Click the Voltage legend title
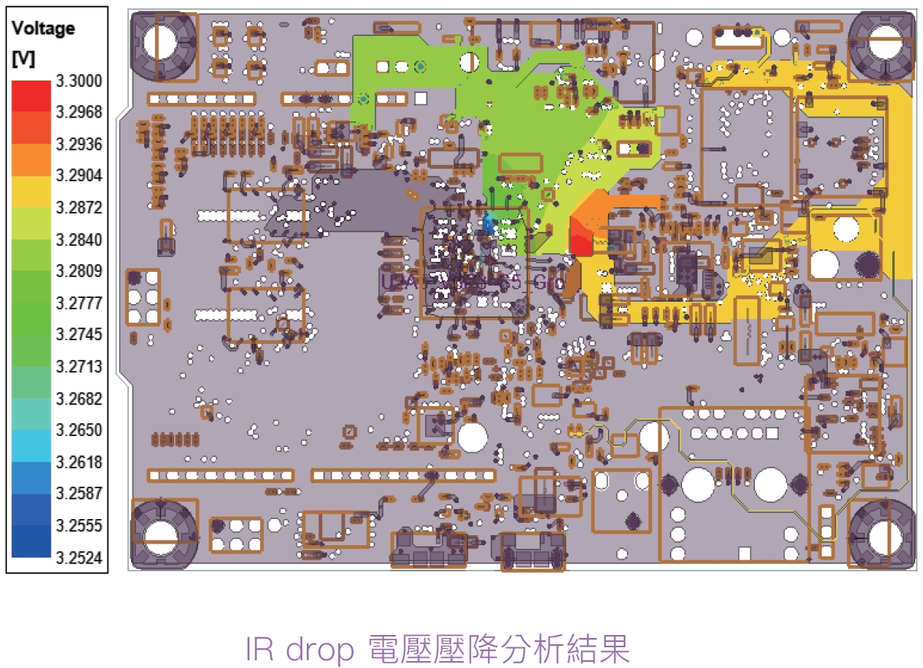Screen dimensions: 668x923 pos(43,29)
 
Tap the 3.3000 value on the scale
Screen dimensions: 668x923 pos(78,81)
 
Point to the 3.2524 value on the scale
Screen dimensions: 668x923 pos(78,558)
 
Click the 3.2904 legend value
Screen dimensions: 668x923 pos(78,176)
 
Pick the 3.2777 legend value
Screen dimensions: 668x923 pos(78,303)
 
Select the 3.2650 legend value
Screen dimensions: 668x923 pos(78,430)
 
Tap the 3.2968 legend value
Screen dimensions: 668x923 pos(78,113)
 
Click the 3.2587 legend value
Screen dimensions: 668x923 pos(78,494)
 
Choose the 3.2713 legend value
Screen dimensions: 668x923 pos(78,367)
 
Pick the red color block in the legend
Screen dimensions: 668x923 pos(31,95)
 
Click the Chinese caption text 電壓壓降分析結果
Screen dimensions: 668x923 pos(499,650)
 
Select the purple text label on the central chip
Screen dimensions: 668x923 pos(472,282)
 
